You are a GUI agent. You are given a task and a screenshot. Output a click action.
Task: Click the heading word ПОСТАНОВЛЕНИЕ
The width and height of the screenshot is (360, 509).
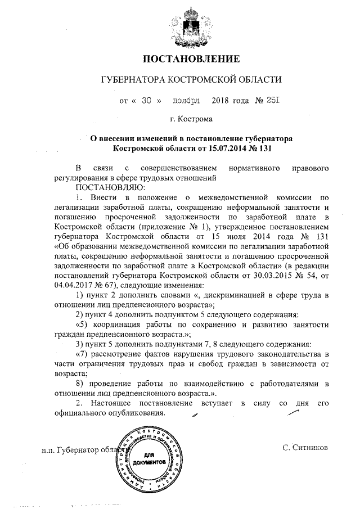point(191,58)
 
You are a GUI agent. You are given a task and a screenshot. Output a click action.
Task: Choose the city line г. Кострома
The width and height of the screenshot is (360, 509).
point(191,119)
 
